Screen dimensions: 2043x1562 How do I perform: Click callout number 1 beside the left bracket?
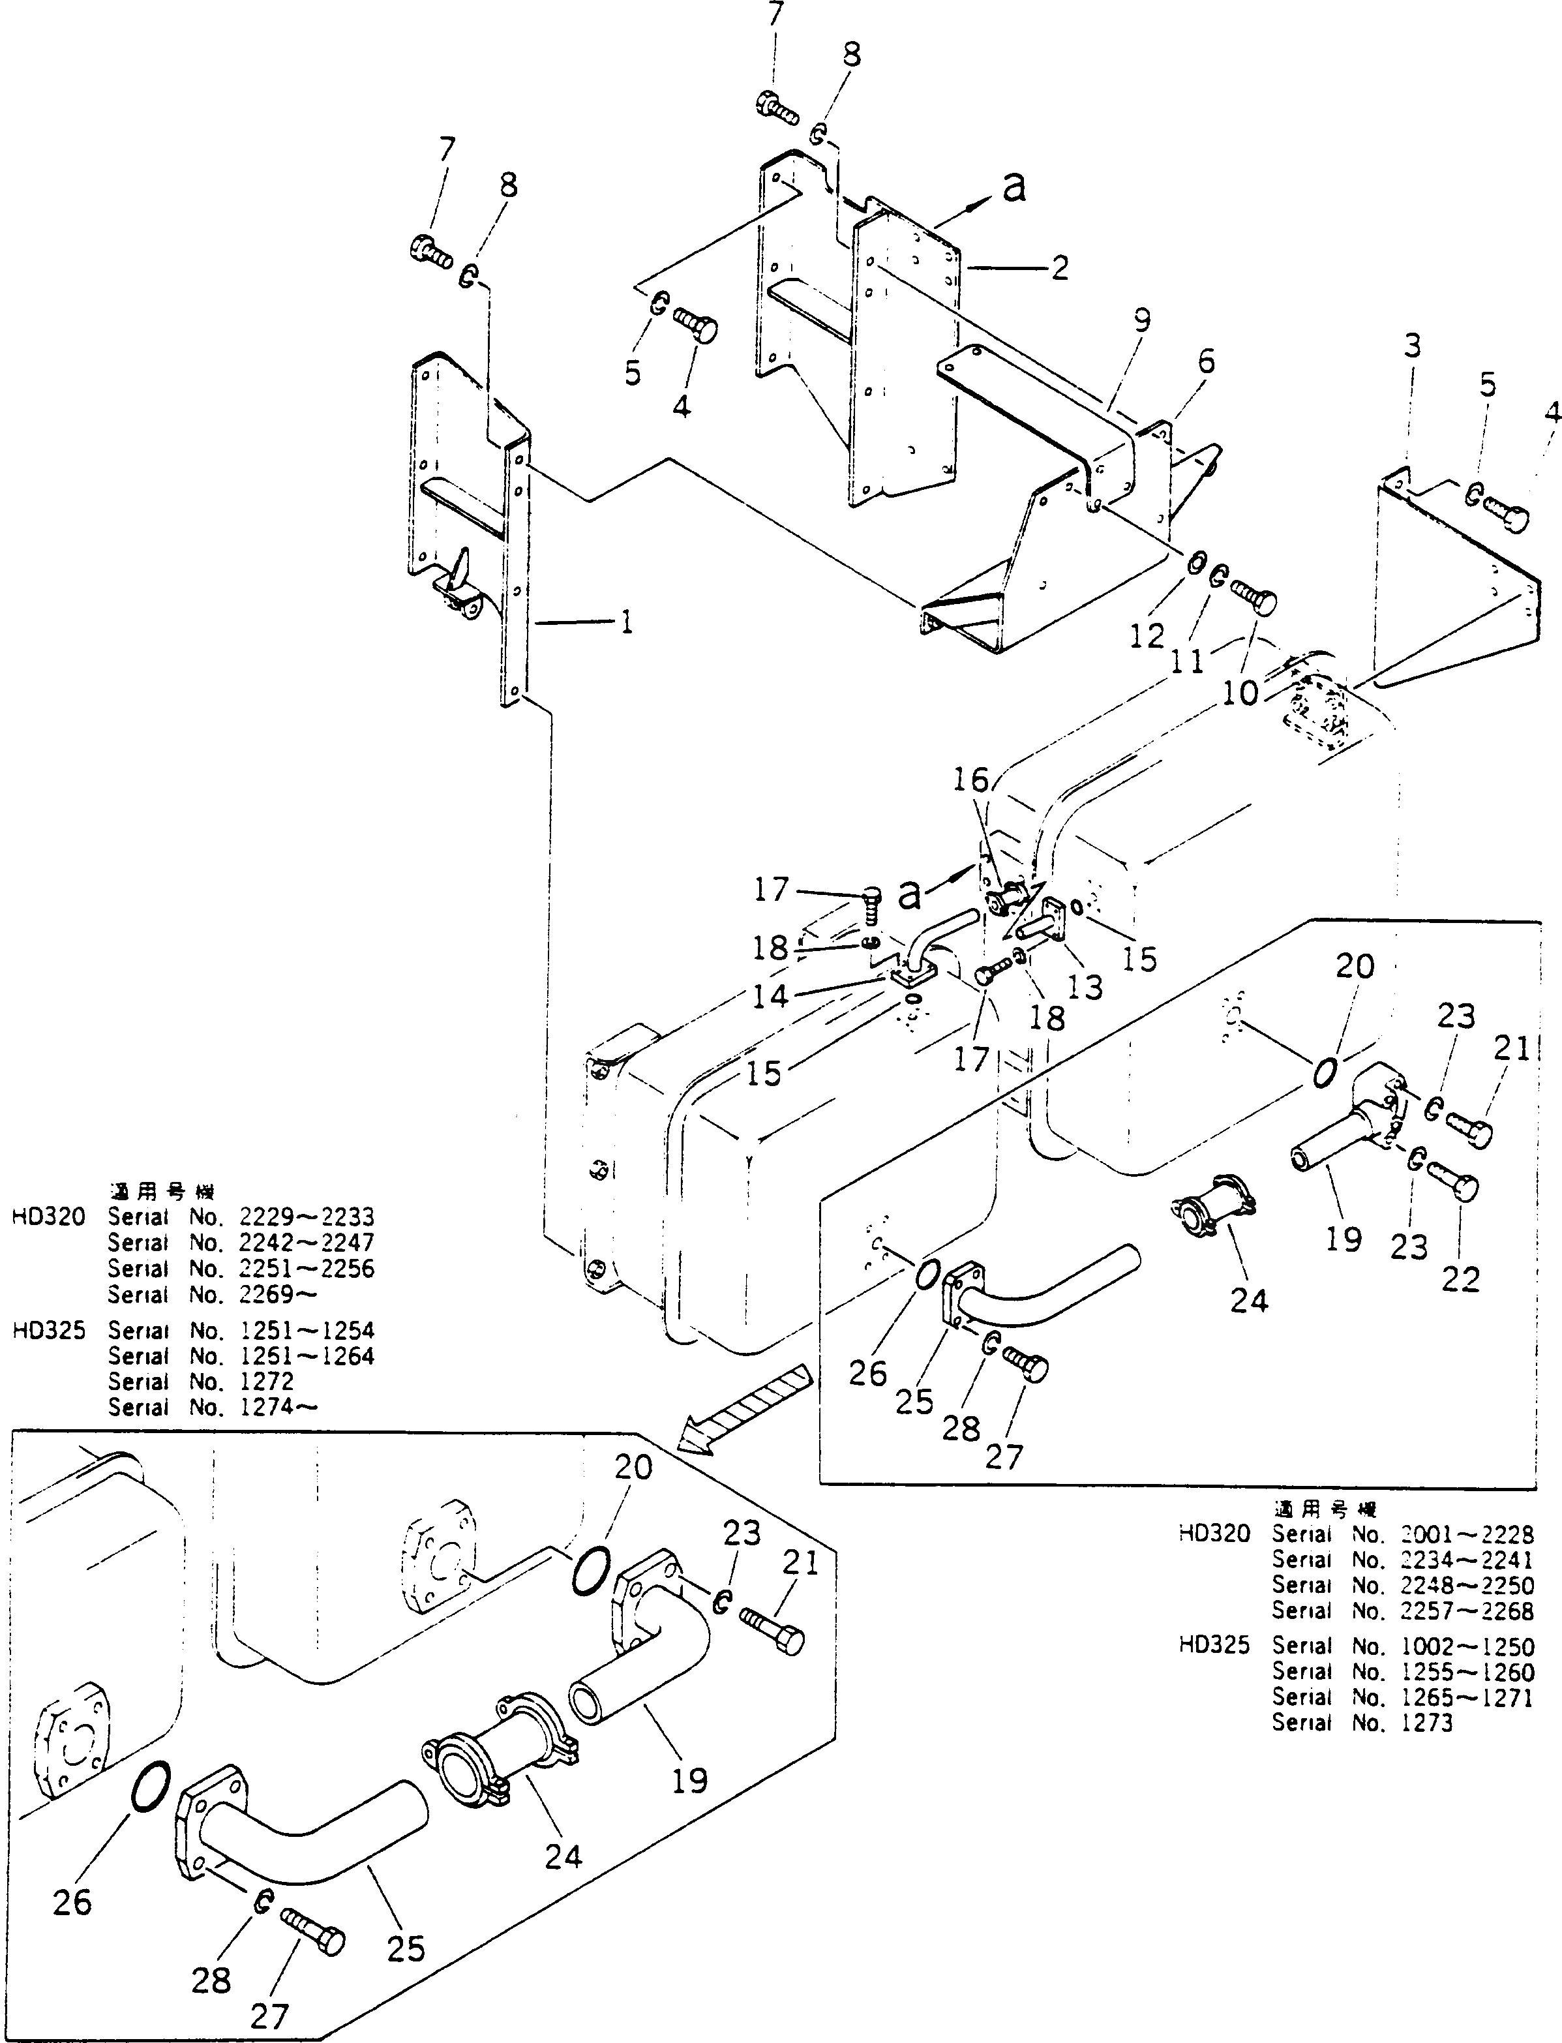[x=627, y=622]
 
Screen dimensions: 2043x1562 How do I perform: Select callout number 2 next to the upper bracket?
[x=1059, y=268]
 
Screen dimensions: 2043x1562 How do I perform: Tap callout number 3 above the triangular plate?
[x=1412, y=347]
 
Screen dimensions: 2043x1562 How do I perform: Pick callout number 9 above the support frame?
[x=1143, y=321]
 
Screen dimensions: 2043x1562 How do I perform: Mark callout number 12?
[x=1147, y=636]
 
